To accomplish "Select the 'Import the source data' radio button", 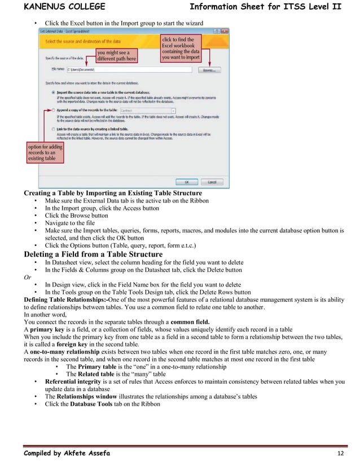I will tap(54, 91).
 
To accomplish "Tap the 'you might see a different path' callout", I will tap(117, 55).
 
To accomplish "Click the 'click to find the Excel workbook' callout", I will tap(182, 48).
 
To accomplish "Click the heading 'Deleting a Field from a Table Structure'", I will tap(93, 254).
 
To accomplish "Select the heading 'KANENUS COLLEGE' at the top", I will tap(64, 7).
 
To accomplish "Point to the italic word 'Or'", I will tap(28, 278).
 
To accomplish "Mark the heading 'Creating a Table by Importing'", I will tap(112, 193).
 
